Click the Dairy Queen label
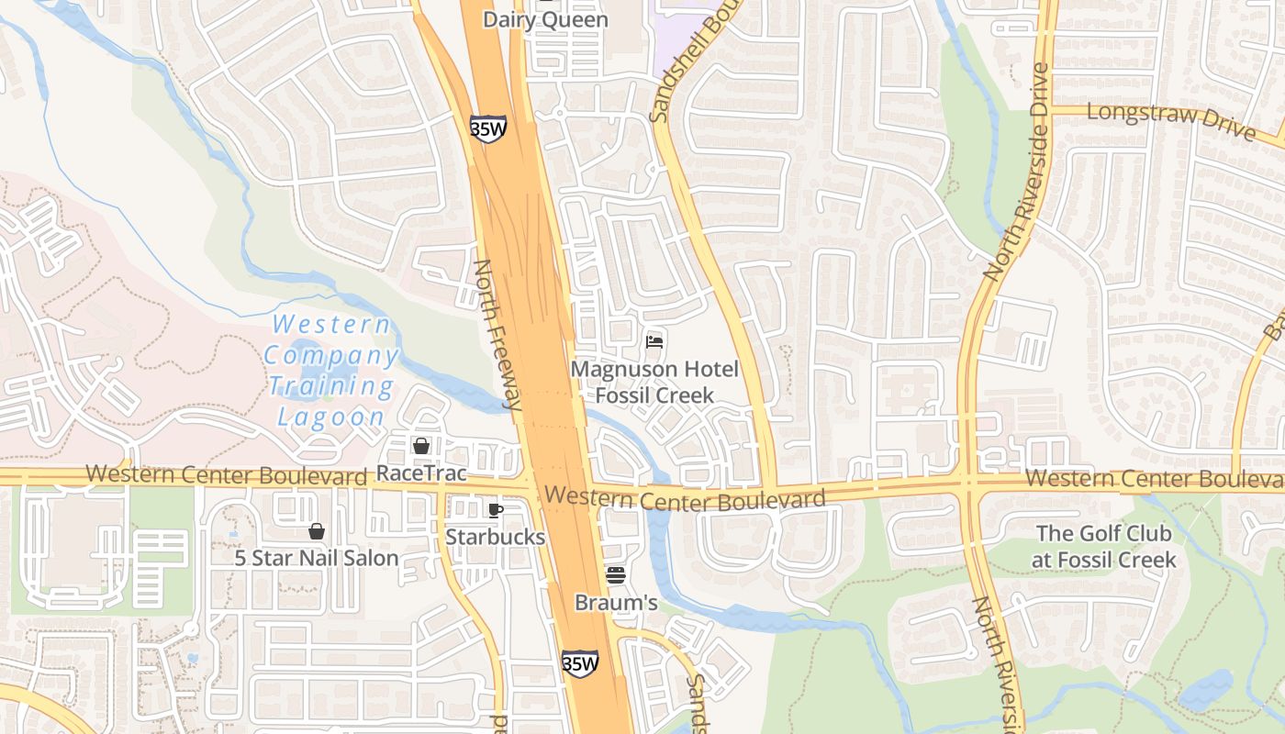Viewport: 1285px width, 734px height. (x=545, y=19)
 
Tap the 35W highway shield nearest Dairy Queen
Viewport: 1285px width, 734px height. (x=487, y=128)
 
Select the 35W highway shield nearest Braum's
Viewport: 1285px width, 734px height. (x=579, y=662)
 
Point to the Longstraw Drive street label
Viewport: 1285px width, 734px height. (x=1170, y=119)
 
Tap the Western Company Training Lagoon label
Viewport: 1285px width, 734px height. (x=331, y=370)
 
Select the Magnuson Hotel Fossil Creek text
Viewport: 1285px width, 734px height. (x=654, y=382)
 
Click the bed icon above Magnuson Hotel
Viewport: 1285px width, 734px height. (x=654, y=342)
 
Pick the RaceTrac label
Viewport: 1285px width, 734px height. (x=421, y=473)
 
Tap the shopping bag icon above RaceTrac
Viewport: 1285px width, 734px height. (x=421, y=446)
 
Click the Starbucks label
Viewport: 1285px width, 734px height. (x=496, y=537)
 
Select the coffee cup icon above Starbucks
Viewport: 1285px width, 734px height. (x=496, y=511)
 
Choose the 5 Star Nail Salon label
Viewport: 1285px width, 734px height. (x=316, y=558)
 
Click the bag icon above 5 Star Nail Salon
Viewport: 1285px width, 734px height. (x=317, y=531)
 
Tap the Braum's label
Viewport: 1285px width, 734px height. (x=616, y=603)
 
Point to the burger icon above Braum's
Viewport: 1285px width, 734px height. (x=616, y=575)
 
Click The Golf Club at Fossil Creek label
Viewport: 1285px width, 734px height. (x=1105, y=546)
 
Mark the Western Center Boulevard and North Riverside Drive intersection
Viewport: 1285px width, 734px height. (x=968, y=481)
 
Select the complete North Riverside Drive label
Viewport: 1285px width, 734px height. (x=1016, y=172)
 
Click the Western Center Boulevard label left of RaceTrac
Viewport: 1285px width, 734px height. (x=226, y=475)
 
